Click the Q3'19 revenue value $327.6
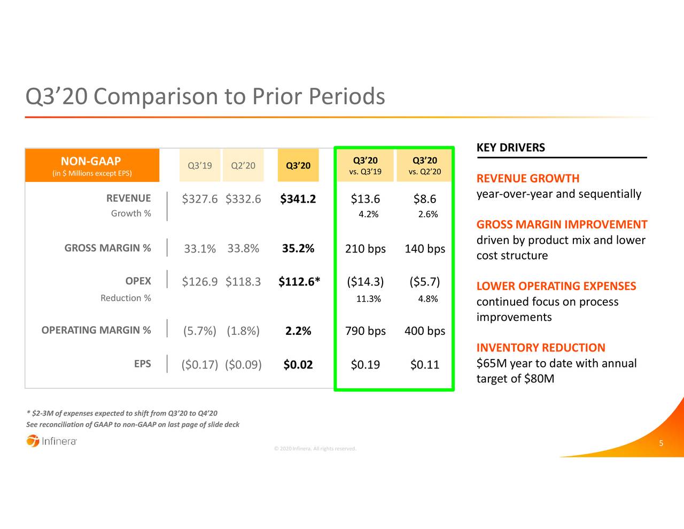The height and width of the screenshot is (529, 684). click(199, 199)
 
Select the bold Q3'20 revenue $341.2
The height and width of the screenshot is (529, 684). click(298, 199)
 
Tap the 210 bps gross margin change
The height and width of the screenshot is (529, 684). click(365, 249)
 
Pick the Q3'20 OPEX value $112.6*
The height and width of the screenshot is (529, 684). click(299, 282)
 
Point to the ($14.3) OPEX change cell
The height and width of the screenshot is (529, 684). click(365, 282)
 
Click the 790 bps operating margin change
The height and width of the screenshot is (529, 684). click(365, 331)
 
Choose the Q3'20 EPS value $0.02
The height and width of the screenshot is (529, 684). click(298, 365)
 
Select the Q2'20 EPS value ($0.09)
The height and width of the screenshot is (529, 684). click(243, 365)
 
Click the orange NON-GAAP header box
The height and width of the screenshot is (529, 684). click(92, 165)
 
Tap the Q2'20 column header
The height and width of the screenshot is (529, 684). click(243, 166)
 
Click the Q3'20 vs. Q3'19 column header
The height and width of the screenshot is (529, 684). click(365, 166)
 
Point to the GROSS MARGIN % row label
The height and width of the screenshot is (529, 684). click(107, 248)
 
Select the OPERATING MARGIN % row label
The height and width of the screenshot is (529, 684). click(96, 330)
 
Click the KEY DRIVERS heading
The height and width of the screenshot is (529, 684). click(510, 148)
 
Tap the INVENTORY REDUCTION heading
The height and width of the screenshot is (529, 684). click(540, 348)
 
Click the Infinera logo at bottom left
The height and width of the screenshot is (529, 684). click(51, 441)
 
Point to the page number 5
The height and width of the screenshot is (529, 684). click(661, 443)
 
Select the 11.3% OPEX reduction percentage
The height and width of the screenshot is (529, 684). click(368, 299)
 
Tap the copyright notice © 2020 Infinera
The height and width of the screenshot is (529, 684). click(314, 449)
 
